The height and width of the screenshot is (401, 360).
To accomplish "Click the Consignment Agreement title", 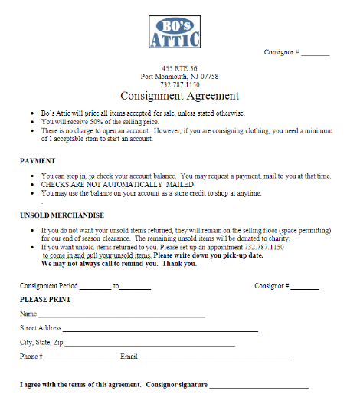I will click(x=180, y=96).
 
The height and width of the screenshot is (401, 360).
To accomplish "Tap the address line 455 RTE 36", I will click(x=180, y=68).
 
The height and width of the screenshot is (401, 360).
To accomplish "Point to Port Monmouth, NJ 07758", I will click(x=180, y=77).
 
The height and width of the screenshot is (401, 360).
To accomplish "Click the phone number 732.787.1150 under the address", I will click(x=180, y=85).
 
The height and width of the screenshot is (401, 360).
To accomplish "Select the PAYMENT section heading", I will click(x=38, y=161).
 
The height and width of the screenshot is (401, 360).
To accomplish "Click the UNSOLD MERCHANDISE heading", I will click(x=62, y=215).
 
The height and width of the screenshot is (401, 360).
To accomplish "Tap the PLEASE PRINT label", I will click(x=44, y=298).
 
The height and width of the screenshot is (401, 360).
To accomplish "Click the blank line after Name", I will click(x=122, y=315).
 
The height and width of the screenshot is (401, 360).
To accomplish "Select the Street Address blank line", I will click(x=160, y=330).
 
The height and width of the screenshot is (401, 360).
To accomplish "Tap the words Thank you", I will click(x=182, y=264).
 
